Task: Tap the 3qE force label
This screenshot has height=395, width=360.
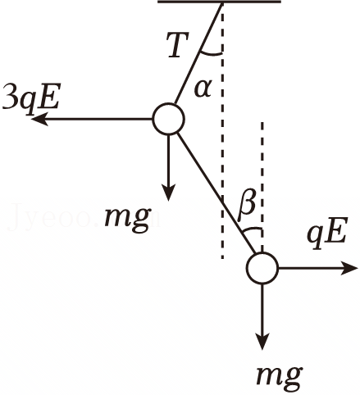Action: coord(30,98)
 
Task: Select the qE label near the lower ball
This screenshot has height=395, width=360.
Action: coord(327,233)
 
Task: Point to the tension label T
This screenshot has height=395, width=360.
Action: coord(178,45)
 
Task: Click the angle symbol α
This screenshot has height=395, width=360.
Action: coord(203,89)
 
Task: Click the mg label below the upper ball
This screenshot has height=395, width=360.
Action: coord(128,220)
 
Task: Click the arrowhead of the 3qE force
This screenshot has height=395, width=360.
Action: coord(39,119)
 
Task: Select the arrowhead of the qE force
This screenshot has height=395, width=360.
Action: coord(349,268)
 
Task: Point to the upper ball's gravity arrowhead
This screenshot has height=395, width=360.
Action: coord(169,193)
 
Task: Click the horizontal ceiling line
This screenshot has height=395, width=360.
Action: coord(219,2)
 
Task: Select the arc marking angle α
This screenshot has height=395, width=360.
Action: coord(211,54)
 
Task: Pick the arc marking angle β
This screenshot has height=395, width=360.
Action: coord(252,228)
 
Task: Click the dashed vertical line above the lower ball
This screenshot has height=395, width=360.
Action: coord(262,187)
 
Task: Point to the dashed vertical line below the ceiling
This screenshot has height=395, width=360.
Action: coord(223,131)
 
